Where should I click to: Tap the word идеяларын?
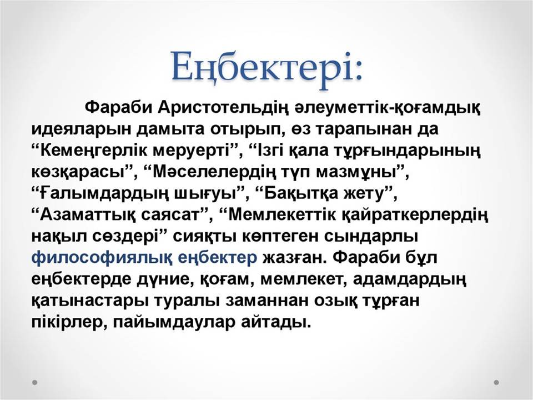(81, 130)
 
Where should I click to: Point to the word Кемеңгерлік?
(94, 151)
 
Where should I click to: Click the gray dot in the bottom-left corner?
(34, 382)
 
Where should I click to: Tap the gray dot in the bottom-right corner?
(496, 382)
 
